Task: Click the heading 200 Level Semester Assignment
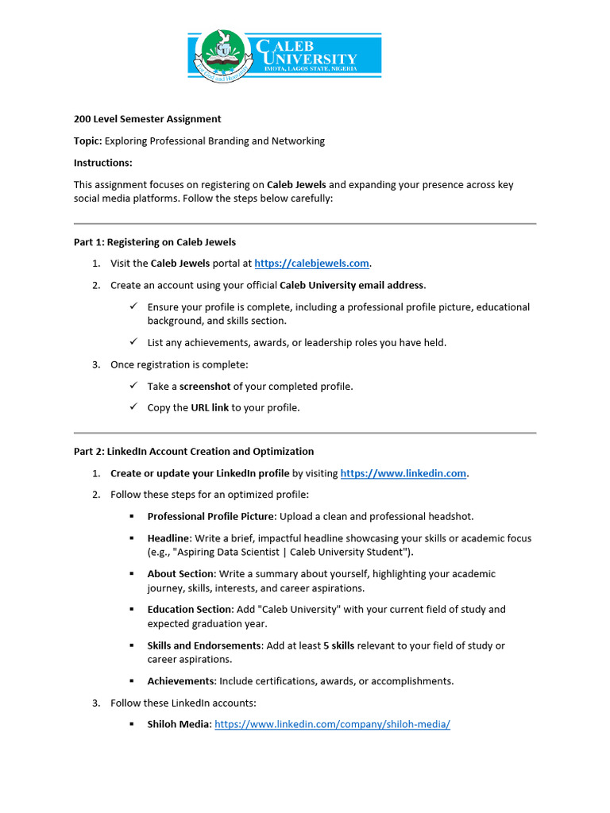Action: click(148, 119)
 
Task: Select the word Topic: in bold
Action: click(87, 141)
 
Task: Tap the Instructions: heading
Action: click(103, 163)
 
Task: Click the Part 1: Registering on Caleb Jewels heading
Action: click(155, 242)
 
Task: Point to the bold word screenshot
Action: click(205, 386)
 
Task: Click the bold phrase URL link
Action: click(210, 407)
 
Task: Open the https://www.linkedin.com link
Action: click(403, 473)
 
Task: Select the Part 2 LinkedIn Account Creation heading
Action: click(194, 451)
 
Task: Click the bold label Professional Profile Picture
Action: click(210, 516)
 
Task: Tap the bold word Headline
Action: click(168, 538)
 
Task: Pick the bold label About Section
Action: click(181, 573)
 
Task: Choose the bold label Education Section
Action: click(190, 609)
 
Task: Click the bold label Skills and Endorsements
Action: click(204, 645)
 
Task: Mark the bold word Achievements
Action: click(181, 680)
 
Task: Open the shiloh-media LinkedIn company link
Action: click(332, 724)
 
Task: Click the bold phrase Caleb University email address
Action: click(353, 285)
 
